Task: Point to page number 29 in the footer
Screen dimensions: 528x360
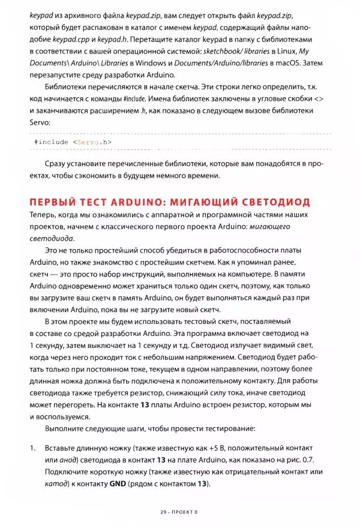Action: click(164, 512)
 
